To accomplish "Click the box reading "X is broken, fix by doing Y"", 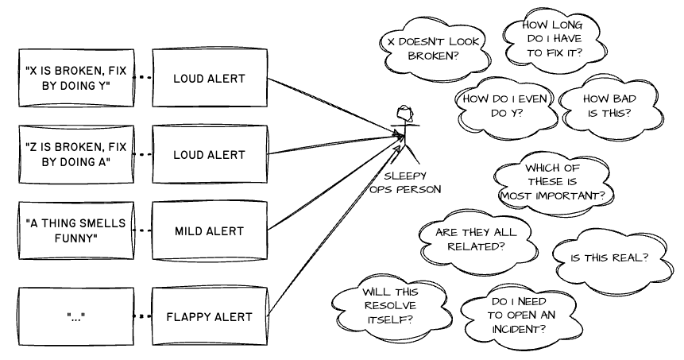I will pos(75,79).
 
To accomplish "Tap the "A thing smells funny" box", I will pos(75,231).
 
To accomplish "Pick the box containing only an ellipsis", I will pos(75,317).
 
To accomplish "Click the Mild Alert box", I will pos(210,231).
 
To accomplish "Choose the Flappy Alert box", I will pos(210,317).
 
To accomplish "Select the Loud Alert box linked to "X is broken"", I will pos(210,79).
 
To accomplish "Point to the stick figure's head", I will pos(404,112).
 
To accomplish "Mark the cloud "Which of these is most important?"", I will pos(554,182).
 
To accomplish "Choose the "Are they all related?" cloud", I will pos(475,239).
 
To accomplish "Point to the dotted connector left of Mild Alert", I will pos(141,231).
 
